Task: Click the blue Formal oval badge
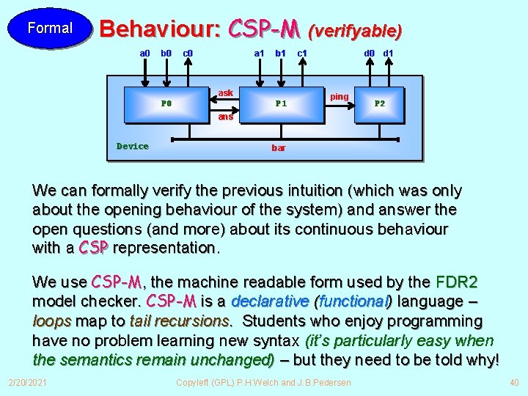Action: point(50,29)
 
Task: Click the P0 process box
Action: point(166,103)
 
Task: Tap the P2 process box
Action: point(380,103)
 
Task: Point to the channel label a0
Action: point(144,54)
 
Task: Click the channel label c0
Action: point(188,54)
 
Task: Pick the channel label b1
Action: point(280,54)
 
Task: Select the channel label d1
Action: point(389,54)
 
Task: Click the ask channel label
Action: point(226,93)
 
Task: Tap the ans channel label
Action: point(226,117)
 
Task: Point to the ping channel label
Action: point(340,97)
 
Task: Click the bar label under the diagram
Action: point(279,148)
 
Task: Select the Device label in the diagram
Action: point(133,146)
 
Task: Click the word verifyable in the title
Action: point(356,31)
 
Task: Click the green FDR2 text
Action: point(456,282)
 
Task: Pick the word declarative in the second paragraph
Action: point(270,301)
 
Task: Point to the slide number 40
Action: point(513,383)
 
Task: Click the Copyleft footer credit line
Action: point(264,383)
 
